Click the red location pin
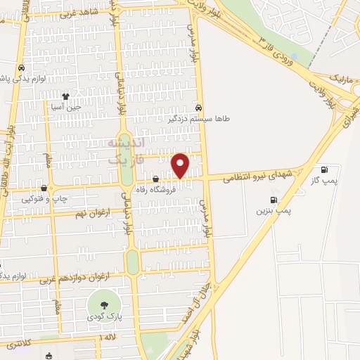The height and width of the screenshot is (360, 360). coord(181,165)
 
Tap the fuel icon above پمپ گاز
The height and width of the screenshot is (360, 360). coord(324,169)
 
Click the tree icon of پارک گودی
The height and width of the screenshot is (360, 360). coord(104,304)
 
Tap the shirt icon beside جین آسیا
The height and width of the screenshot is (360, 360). coord(66,97)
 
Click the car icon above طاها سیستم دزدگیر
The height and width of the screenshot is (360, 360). coord(199,108)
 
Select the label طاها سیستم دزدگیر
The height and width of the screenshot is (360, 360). coord(201,119)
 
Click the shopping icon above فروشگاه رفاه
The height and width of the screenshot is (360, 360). coord(155,179)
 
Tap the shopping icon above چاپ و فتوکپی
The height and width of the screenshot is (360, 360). coord(46,188)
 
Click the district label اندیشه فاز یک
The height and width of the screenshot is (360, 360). coord(126,150)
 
